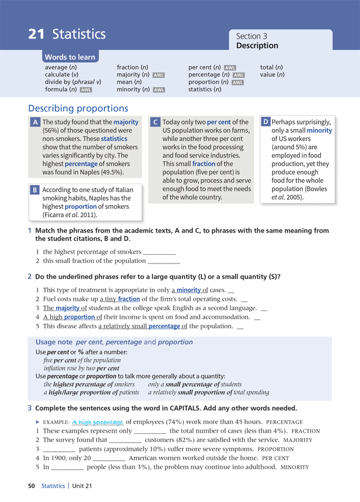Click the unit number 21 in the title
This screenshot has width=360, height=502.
point(36,35)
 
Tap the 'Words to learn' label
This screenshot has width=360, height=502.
point(70,57)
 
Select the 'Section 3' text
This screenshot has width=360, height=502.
point(252,36)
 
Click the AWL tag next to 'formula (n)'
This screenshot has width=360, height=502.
point(86,90)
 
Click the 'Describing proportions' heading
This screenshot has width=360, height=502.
point(78,109)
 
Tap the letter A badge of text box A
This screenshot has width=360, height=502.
point(35,123)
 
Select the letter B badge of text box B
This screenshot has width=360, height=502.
point(35,190)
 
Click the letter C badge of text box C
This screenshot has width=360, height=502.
point(155,123)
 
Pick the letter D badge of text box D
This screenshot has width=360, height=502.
point(266,122)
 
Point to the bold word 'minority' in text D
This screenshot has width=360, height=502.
point(319,130)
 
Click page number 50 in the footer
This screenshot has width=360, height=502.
point(32,486)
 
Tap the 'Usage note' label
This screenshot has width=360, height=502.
point(54,342)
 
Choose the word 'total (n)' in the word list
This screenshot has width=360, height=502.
point(271,67)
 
